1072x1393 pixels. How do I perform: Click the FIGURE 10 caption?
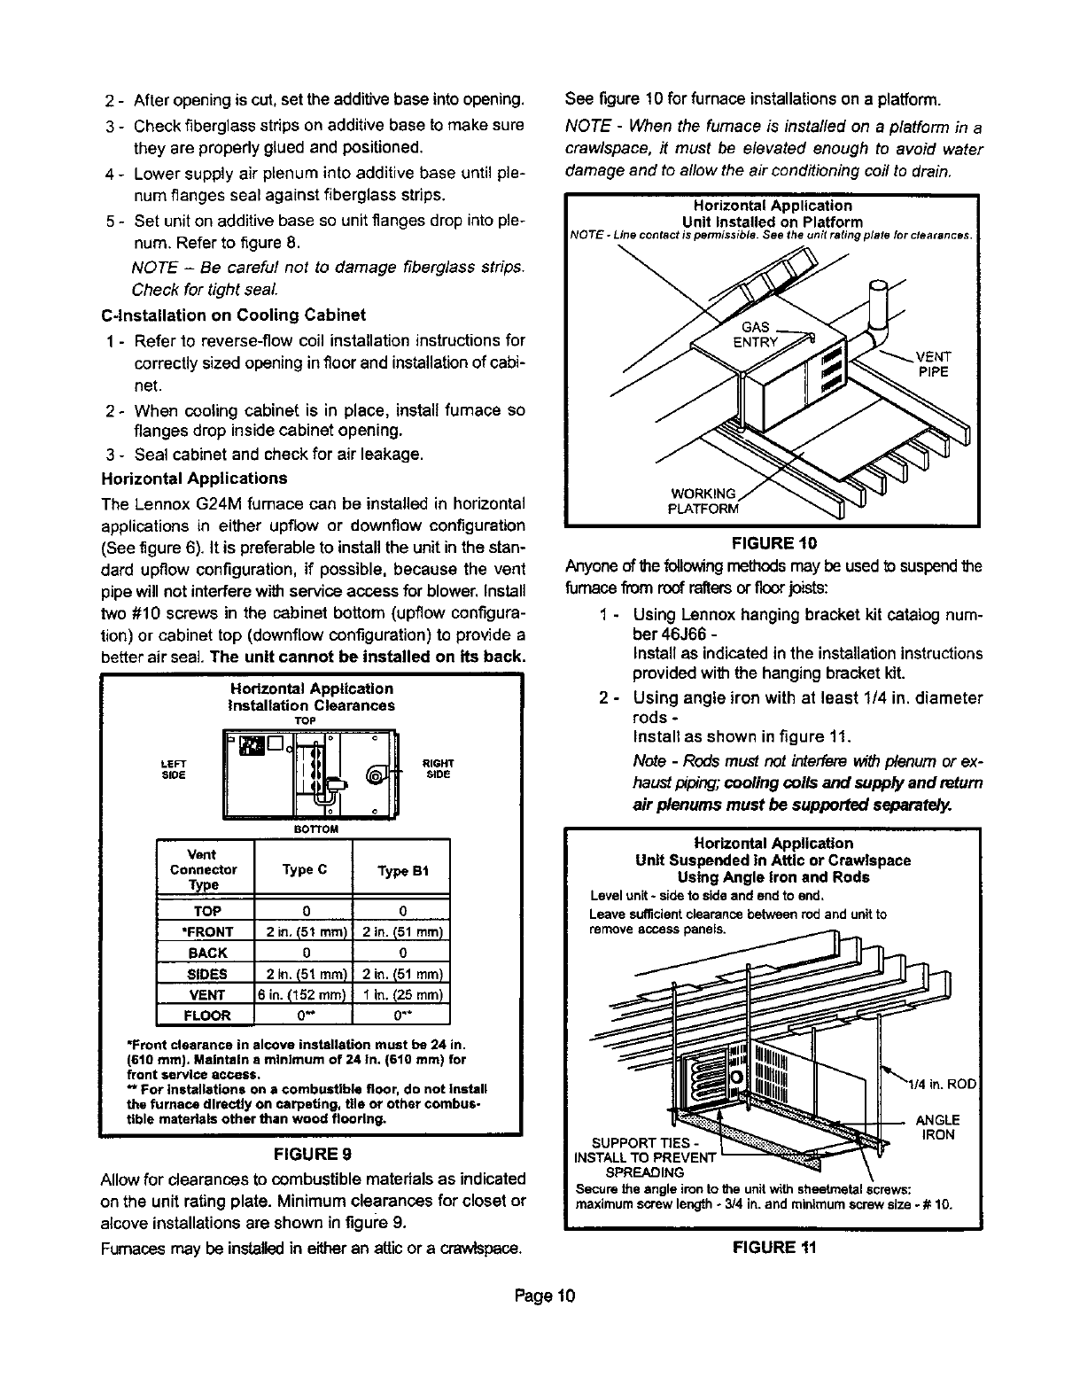[x=773, y=542]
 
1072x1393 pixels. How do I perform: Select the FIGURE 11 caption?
[x=773, y=1247]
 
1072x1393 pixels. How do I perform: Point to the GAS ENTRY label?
[x=755, y=335]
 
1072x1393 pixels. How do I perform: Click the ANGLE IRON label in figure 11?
[x=937, y=1127]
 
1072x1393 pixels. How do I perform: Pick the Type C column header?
[x=304, y=870]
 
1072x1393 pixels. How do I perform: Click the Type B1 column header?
[x=402, y=870]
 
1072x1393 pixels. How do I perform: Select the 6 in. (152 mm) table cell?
[x=304, y=995]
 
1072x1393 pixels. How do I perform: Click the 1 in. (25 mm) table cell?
[x=402, y=995]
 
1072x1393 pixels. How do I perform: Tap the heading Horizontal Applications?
[x=195, y=479]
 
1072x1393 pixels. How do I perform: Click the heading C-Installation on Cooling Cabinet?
[x=234, y=315]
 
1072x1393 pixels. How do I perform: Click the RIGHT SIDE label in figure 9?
[x=439, y=768]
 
